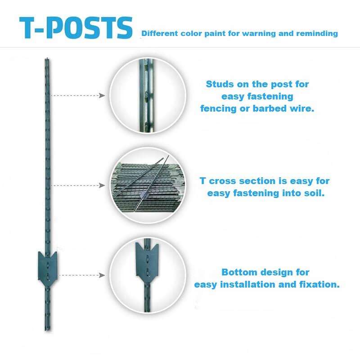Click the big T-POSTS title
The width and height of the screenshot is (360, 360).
[76, 27]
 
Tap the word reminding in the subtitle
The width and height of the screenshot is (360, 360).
[317, 33]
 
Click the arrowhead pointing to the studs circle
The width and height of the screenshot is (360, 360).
[102, 95]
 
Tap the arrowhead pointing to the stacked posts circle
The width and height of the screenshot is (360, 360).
[102, 185]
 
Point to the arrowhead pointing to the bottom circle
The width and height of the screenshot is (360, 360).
[102, 275]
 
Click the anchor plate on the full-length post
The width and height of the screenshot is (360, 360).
[48, 269]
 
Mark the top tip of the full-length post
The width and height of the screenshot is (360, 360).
[47, 58]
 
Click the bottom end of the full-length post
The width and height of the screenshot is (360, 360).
[47, 330]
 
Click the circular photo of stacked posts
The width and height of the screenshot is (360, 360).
[148, 185]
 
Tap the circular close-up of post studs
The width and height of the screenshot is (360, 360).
[148, 95]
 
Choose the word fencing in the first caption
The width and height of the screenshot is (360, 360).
[218, 108]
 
